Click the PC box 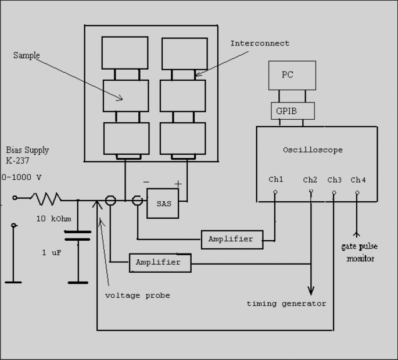pos(292,75)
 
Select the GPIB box pos(292,111)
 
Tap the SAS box pos(163,204)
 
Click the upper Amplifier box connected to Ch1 pos(231,239)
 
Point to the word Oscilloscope pos(313,150)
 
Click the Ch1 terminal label pos(276,180)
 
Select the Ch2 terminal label pos(310,180)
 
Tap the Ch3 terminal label pos(334,180)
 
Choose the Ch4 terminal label pos(358,180)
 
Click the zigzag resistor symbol pos(46,199)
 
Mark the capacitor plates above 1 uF pos(78,235)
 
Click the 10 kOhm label pos(53,219)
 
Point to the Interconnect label pos(260,44)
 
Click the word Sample pos(27,55)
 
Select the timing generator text pos(286,304)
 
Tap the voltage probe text pos(138,295)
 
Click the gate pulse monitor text pos(359,252)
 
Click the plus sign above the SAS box pos(178,184)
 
